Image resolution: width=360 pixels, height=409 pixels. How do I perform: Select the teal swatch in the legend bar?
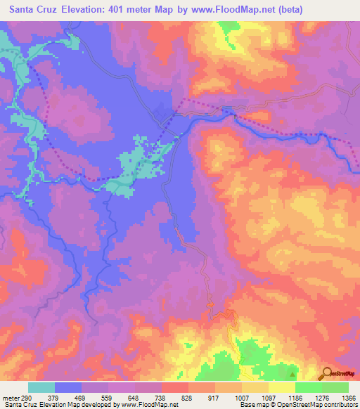coord(41,387)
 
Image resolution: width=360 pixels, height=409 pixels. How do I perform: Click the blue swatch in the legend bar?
coord(68,387)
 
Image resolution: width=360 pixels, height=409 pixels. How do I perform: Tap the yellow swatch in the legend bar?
coord(282,387)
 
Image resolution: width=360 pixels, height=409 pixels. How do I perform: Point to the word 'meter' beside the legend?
coord(10,397)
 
